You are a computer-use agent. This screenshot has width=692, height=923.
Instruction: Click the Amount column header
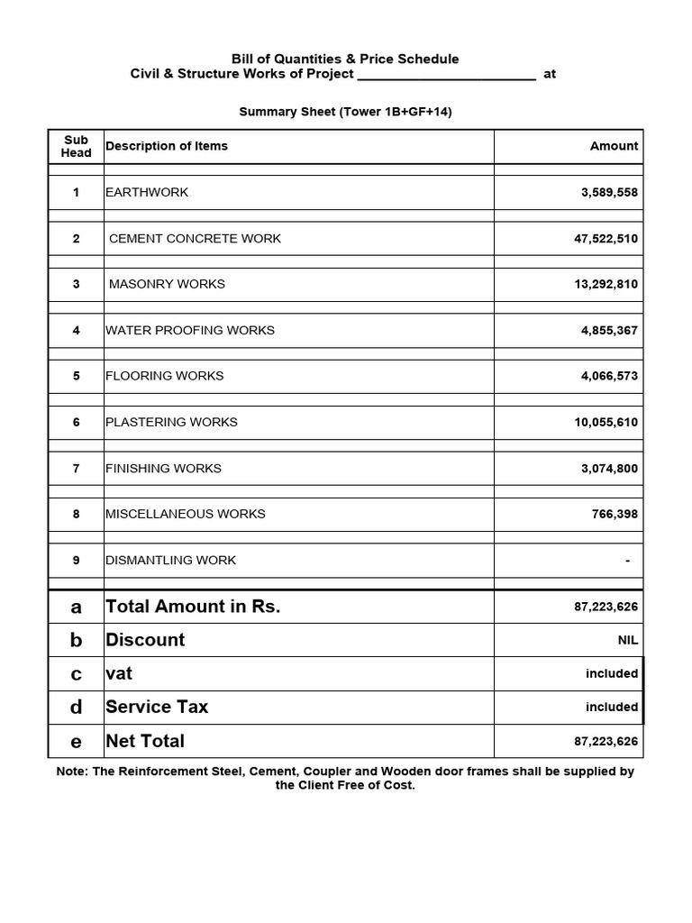point(614,146)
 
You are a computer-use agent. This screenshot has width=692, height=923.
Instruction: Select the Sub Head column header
point(76,146)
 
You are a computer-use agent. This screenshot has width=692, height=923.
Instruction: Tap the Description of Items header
point(167,146)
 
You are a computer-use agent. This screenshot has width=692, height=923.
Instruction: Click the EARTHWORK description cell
point(147,192)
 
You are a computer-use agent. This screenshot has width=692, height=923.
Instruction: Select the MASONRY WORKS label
point(167,284)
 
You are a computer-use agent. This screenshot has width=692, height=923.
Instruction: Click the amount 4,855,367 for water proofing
point(609,331)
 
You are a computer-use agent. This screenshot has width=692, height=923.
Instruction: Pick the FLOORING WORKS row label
point(164,376)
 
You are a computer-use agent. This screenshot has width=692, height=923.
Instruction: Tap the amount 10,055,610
point(606,422)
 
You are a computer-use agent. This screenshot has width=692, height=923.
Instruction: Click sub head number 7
point(76,469)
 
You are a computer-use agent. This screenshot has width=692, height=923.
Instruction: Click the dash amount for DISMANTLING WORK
point(627,561)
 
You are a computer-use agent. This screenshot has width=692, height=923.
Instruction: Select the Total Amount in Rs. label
point(193,607)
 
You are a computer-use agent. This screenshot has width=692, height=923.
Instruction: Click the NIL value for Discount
point(627,640)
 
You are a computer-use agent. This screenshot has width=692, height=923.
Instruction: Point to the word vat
point(119,673)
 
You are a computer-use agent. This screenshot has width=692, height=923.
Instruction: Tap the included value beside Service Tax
point(612,708)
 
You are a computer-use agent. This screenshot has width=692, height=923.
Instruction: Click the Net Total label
point(145,741)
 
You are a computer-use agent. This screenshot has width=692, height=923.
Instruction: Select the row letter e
point(76,742)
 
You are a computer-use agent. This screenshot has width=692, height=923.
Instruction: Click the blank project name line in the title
point(446,75)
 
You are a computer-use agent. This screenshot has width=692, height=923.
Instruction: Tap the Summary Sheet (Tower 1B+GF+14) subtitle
point(345,112)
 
